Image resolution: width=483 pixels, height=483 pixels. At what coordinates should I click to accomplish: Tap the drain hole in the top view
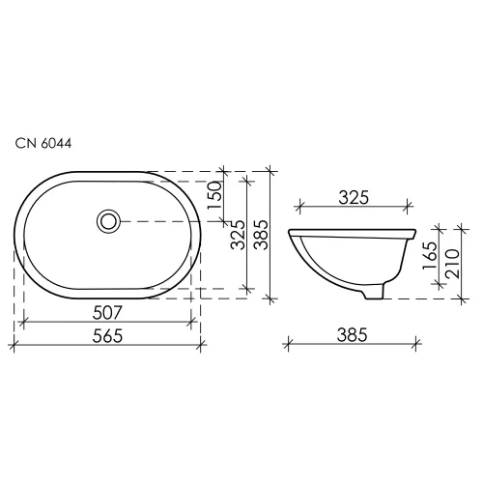[x=108, y=221]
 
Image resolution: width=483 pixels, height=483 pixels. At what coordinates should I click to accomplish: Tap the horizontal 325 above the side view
[x=355, y=199]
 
